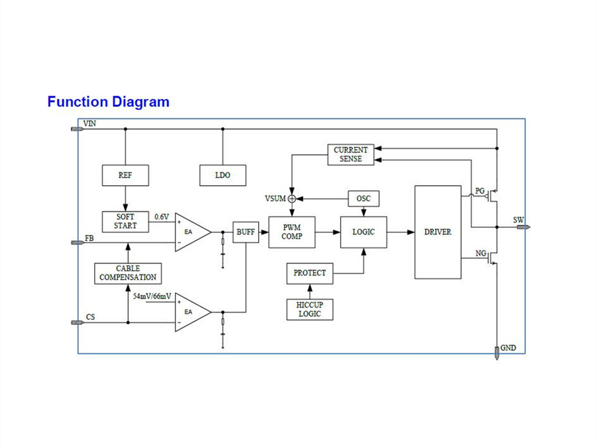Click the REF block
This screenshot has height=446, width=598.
(x=126, y=175)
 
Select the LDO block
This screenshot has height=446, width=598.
(x=223, y=175)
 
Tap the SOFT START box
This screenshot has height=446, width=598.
(x=126, y=221)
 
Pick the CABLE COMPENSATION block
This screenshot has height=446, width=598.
(x=128, y=273)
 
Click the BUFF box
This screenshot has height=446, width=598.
(x=245, y=232)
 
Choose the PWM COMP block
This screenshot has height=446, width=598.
(x=292, y=232)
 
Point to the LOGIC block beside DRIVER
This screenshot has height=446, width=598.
(x=364, y=232)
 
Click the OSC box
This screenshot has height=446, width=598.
(x=364, y=198)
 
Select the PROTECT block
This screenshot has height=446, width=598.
(x=310, y=273)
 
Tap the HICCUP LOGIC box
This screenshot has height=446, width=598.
(x=310, y=309)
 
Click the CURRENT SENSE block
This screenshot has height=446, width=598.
(x=351, y=154)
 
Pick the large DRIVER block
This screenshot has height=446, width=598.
(x=438, y=232)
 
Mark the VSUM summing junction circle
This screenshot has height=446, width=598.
(x=292, y=198)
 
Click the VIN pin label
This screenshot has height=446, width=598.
(x=89, y=123)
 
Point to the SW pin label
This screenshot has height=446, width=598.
(x=518, y=220)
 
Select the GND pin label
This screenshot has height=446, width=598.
(x=508, y=348)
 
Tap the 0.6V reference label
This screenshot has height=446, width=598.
(x=162, y=217)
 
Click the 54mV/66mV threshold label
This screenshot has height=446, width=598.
(x=152, y=297)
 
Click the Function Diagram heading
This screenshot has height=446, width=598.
(x=108, y=102)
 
